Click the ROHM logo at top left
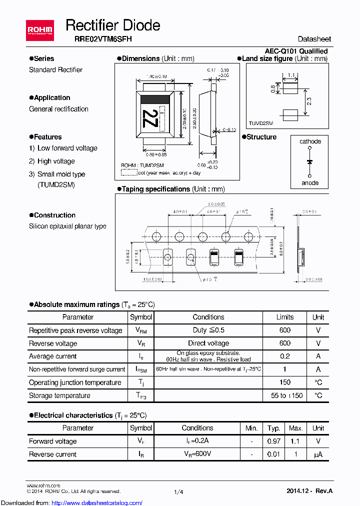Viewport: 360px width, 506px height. [x=39, y=31]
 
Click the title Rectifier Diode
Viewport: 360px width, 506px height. [x=113, y=25]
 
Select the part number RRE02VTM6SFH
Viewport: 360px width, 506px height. [x=99, y=39]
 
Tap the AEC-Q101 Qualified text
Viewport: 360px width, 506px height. [x=296, y=51]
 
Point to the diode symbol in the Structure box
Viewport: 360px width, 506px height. [x=310, y=162]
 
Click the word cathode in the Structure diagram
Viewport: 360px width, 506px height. [x=310, y=141]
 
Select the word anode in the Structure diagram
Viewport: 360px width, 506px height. [x=310, y=182]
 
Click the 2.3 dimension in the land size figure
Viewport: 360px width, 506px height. [x=309, y=101]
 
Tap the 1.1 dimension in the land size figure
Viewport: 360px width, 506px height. [x=291, y=76]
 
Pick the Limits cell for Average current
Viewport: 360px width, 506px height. [x=284, y=356]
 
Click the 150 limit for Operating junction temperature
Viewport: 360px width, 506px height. [x=284, y=382]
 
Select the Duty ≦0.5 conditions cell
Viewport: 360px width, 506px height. [x=208, y=330]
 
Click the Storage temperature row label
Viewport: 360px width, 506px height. [x=59, y=395]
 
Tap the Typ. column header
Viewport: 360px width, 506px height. [x=273, y=428]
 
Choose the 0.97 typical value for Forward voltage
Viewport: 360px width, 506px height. [x=273, y=441]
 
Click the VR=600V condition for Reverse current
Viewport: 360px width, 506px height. [x=197, y=454]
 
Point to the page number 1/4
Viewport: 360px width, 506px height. [x=178, y=492]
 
